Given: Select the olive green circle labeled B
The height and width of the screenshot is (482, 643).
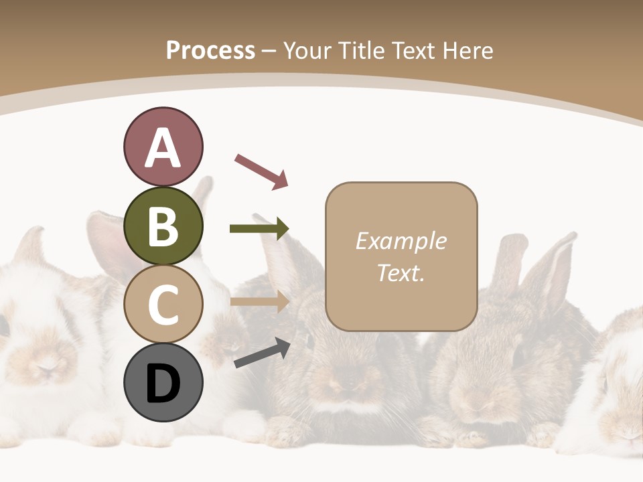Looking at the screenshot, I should (163, 226).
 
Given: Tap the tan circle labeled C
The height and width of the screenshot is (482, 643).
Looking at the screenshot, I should (163, 304).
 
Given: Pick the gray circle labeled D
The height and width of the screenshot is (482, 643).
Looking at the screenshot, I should (163, 382).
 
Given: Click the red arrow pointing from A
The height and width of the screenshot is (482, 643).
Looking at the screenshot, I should (261, 171).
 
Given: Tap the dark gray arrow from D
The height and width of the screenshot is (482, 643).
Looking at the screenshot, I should (262, 353).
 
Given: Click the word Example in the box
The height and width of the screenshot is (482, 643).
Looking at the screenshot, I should (401, 241).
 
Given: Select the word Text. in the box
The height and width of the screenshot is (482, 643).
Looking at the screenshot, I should (401, 272).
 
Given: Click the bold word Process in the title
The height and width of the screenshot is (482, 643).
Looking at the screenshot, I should (210, 50).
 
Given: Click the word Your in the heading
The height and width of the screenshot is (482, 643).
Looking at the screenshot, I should (308, 50).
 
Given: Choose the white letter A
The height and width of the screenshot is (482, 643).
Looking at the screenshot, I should (163, 147).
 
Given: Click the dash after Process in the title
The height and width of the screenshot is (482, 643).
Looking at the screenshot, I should (269, 52).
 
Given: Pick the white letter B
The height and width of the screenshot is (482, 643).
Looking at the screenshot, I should (163, 226).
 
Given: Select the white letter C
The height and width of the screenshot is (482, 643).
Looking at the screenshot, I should (163, 305).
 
